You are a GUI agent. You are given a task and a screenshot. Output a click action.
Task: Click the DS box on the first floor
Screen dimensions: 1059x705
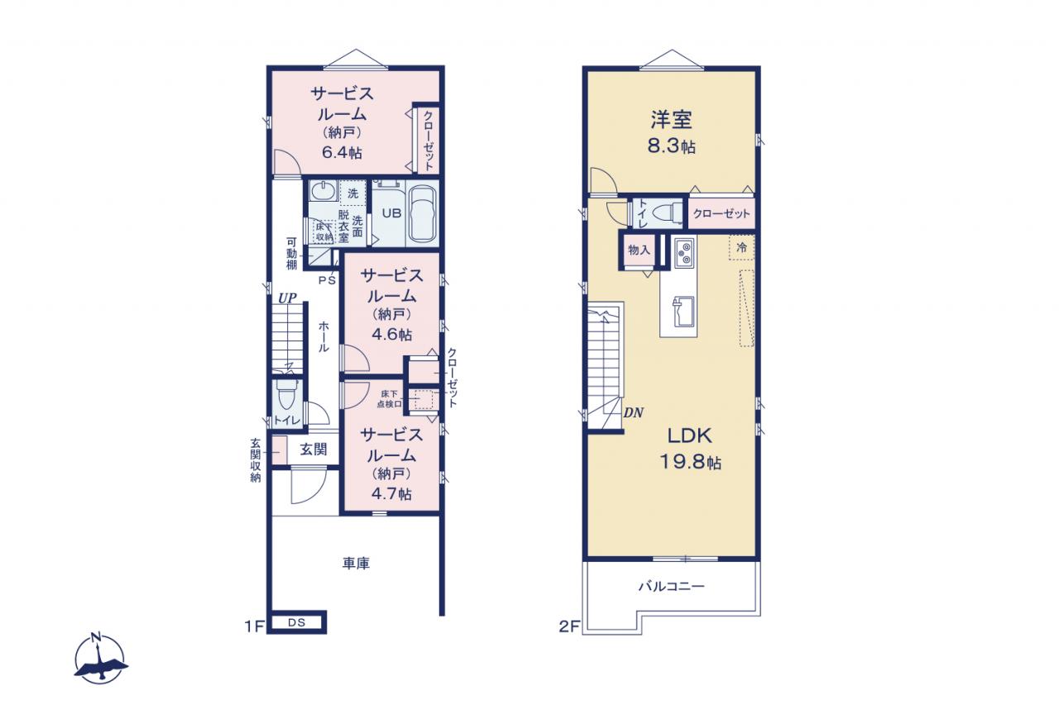pyautogui.click(x=297, y=623)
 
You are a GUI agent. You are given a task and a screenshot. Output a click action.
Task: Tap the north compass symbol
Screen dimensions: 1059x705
pyautogui.click(x=100, y=657)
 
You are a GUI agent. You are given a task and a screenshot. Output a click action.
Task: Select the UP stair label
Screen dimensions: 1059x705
pyautogui.click(x=287, y=298)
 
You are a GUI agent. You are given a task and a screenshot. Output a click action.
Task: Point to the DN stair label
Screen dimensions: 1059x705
pyautogui.click(x=633, y=412)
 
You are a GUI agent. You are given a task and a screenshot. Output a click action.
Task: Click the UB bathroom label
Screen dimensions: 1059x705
pyautogui.click(x=391, y=213)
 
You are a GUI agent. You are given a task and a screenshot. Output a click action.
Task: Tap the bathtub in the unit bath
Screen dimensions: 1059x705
pyautogui.click(x=422, y=213)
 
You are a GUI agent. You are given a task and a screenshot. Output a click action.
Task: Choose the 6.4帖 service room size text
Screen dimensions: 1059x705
pyautogui.click(x=342, y=153)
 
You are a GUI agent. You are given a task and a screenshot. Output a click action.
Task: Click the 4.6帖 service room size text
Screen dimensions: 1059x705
pyautogui.click(x=391, y=335)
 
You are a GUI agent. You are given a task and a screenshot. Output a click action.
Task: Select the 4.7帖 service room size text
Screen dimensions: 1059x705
pyautogui.click(x=391, y=494)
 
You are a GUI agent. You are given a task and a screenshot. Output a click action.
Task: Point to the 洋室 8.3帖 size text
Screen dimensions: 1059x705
pyautogui.click(x=671, y=146)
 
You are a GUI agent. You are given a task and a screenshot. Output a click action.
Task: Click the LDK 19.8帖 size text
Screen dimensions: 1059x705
pyautogui.click(x=690, y=462)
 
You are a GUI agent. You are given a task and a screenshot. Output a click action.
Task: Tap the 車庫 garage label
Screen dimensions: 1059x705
pyautogui.click(x=356, y=563)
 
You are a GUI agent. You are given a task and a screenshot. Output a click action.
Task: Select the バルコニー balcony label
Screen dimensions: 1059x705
pyautogui.click(x=672, y=587)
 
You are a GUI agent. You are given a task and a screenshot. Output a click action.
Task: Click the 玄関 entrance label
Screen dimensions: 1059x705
pyautogui.click(x=314, y=449)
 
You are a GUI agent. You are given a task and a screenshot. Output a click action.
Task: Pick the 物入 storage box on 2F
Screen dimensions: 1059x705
pyautogui.click(x=639, y=250)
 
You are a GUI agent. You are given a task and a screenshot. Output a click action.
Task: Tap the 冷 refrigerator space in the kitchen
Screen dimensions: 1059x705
pyautogui.click(x=741, y=247)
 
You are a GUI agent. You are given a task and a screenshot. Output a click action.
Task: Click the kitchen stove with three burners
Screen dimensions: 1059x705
pyautogui.click(x=684, y=253)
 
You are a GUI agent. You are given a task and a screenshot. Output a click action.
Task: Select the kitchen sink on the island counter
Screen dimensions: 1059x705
pyautogui.click(x=683, y=312)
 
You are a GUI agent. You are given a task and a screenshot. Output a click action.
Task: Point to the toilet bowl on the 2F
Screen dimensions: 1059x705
pyautogui.click(x=668, y=212)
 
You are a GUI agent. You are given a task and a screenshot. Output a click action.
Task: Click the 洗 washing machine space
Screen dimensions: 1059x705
pyautogui.click(x=353, y=193)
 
